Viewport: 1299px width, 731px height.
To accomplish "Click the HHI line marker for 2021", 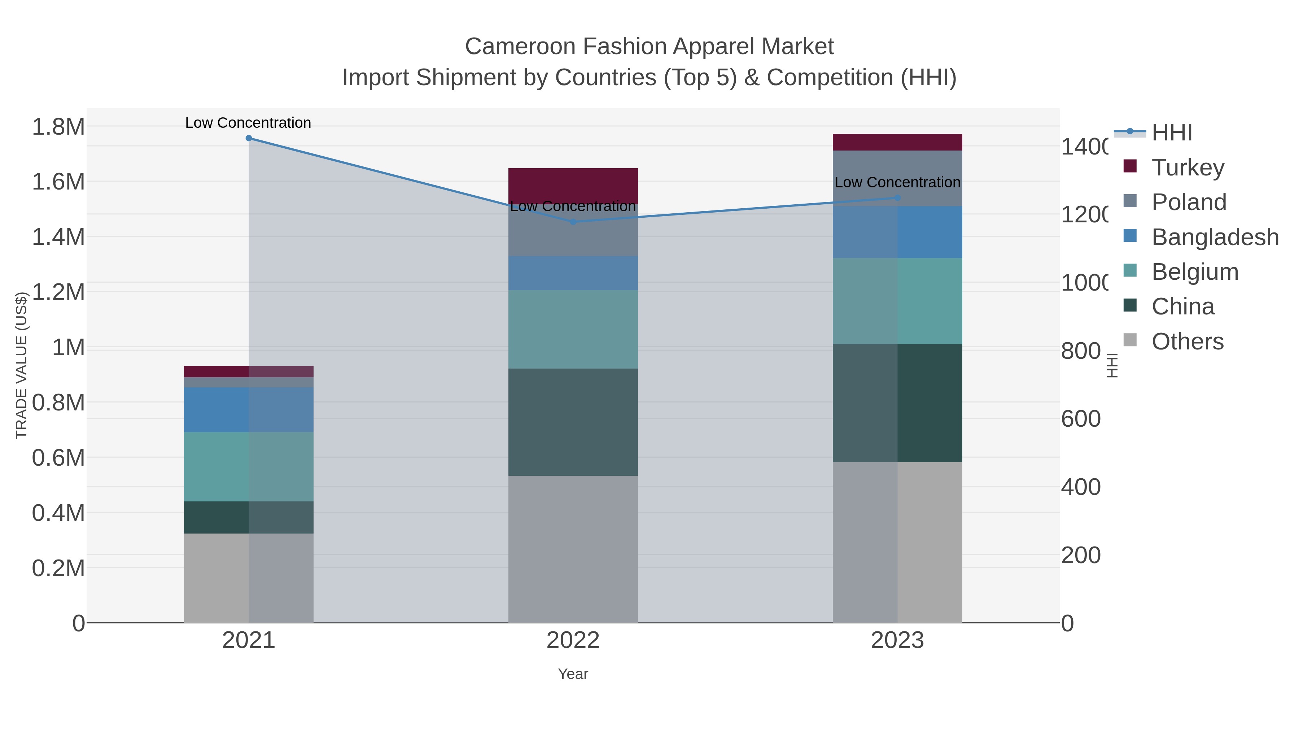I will coord(249,138).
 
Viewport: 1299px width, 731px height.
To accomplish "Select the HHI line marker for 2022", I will coord(573,222).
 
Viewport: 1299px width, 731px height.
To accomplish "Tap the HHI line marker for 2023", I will coord(897,198).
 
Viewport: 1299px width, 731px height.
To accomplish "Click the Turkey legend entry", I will coord(1188,167).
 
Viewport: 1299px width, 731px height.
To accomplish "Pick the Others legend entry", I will coord(1187,341).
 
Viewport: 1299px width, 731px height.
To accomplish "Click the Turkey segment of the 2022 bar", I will coord(573,186).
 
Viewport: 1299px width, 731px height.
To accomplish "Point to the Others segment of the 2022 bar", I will coord(573,549).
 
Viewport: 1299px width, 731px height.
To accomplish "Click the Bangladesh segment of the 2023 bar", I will coord(897,232).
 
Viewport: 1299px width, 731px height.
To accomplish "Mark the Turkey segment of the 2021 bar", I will coord(249,371).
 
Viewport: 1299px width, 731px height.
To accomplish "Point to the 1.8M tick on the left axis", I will coord(58,127).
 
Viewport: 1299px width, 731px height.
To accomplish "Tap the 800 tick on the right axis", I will coord(1081,351).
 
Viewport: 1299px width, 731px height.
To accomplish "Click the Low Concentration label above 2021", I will coord(248,123).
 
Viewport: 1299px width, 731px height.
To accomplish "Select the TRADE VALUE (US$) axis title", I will coord(21,365).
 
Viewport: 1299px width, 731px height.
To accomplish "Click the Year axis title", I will coord(573,674).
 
